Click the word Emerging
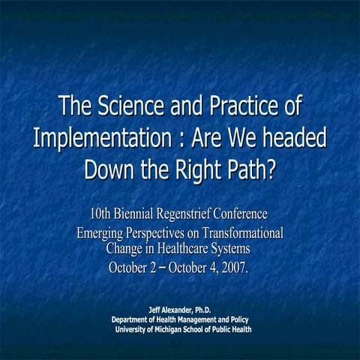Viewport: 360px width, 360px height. [102, 233]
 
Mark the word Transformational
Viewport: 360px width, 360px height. [241, 233]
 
